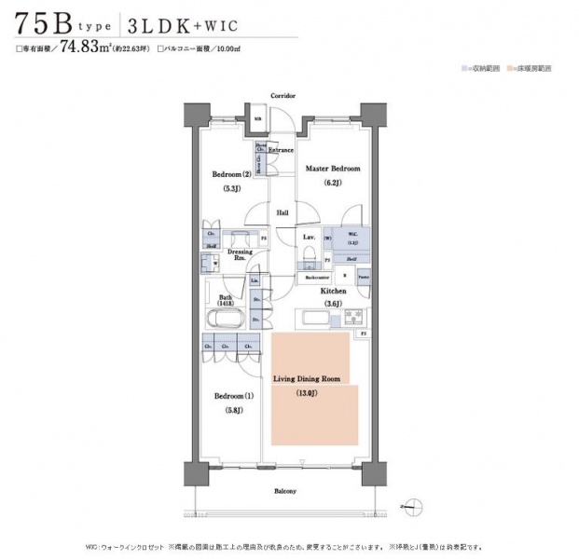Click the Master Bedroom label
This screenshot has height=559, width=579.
333,169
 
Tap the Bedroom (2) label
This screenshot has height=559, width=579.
230,174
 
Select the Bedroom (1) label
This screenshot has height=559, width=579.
233,396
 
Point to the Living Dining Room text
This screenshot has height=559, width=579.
306,379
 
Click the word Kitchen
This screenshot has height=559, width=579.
334,291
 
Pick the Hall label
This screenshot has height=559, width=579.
283,213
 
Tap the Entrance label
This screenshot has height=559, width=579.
282,150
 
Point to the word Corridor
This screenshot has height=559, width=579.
283,96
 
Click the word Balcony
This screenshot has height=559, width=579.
285,491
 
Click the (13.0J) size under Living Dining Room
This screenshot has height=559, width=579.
306,394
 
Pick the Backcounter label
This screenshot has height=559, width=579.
313,277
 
